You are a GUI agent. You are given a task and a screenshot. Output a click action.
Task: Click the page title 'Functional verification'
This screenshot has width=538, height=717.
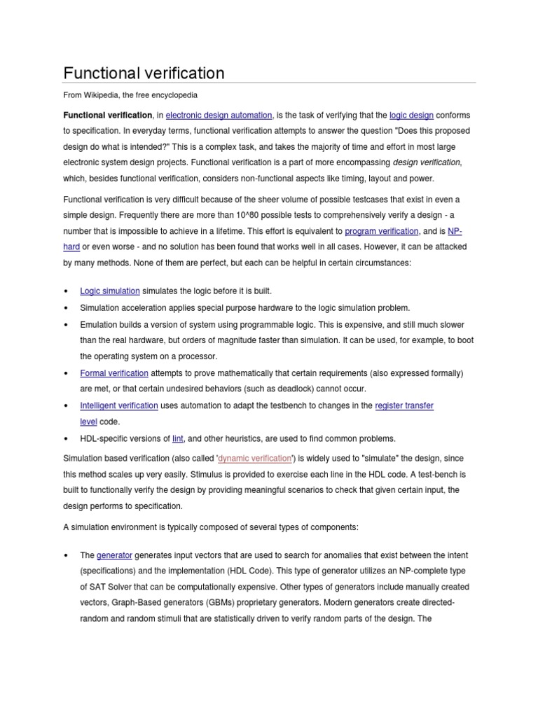tap(144, 73)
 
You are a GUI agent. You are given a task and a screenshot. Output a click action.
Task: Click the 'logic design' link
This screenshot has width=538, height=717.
tap(411, 115)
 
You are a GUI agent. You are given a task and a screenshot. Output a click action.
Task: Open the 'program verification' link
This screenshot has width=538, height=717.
tap(382, 230)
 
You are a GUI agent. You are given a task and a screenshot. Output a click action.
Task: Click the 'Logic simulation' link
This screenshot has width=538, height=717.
tap(110, 291)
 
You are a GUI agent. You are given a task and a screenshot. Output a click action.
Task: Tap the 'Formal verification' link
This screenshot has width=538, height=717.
tap(114, 373)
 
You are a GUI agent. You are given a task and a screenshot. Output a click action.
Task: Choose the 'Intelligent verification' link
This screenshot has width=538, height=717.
tap(119, 405)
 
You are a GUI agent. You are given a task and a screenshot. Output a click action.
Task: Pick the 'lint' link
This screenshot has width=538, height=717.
tap(178, 438)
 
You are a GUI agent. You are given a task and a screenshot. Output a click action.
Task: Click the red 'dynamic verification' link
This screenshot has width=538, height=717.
tap(254, 458)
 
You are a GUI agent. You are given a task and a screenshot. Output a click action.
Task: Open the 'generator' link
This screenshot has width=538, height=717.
tap(114, 555)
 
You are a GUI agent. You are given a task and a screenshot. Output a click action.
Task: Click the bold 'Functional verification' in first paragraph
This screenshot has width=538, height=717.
tap(108, 115)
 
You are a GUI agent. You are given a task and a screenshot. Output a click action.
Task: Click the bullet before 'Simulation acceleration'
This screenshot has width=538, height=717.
tap(66, 308)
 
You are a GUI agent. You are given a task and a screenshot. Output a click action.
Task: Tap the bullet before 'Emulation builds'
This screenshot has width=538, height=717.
tap(66, 326)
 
